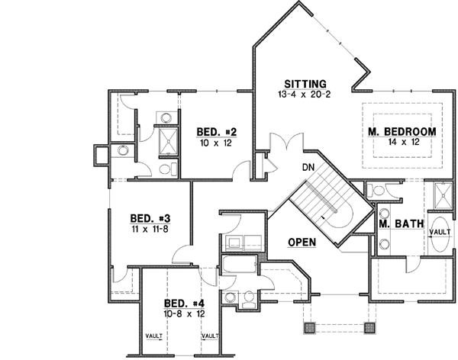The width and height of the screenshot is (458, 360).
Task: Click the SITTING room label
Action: [305, 83]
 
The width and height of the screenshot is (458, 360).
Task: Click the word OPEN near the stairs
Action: [302, 242]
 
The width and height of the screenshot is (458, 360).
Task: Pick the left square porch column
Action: [309, 327]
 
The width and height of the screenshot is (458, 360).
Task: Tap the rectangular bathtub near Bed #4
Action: [240, 267]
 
